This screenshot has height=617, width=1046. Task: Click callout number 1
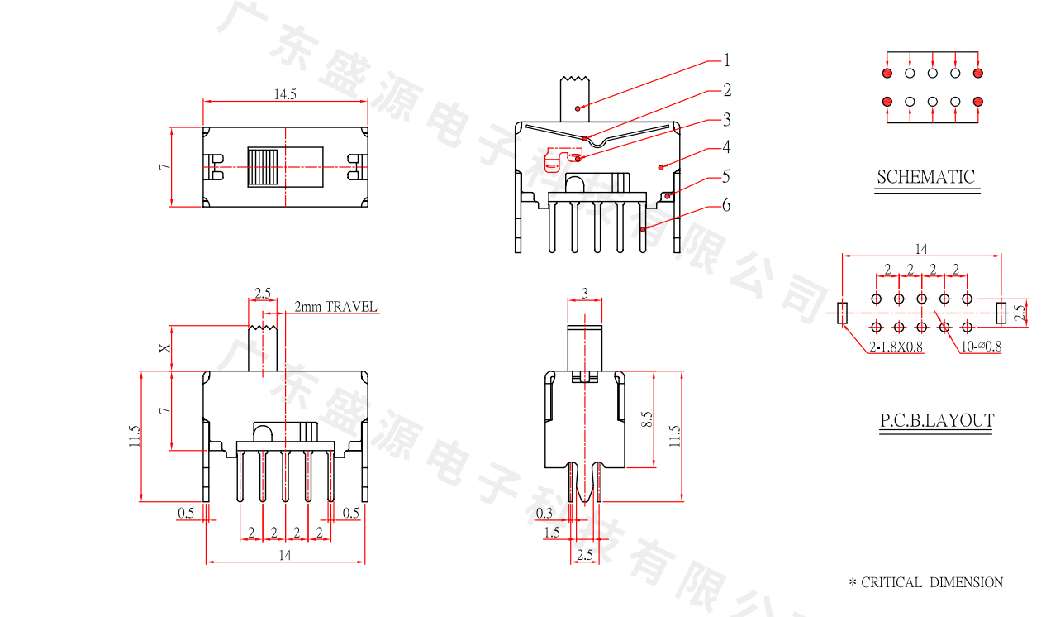point(726,60)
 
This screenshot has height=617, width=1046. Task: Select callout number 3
point(726,120)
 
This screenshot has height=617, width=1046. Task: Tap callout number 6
point(726,205)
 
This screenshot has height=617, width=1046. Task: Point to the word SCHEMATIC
point(925,177)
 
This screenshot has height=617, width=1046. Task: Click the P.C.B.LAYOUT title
point(936,421)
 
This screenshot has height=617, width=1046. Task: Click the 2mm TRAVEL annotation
point(335,307)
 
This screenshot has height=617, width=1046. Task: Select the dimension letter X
point(165,348)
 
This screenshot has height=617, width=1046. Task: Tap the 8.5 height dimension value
point(648,419)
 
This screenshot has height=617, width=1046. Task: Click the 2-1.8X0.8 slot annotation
point(896,347)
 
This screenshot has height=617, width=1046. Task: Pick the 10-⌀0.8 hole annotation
point(981,347)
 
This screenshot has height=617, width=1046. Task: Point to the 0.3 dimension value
point(544,513)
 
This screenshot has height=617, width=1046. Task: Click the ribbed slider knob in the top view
point(264,167)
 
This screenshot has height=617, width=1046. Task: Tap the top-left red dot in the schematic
point(887,74)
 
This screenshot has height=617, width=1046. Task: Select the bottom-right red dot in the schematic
point(978,102)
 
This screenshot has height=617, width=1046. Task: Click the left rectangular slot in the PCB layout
point(843,313)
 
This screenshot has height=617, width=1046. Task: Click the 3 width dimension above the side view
point(585,293)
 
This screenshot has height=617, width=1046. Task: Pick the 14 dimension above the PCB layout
point(921,248)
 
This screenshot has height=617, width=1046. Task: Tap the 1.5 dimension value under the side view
point(552,533)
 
